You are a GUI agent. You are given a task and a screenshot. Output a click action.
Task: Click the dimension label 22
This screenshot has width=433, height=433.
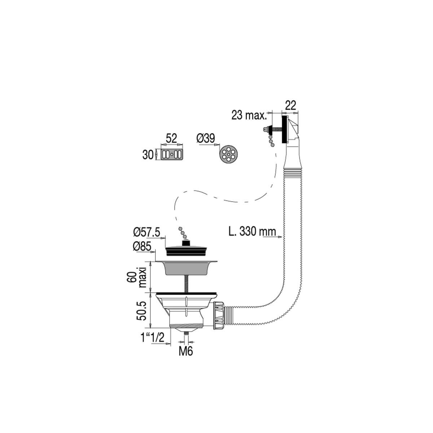click(290, 105)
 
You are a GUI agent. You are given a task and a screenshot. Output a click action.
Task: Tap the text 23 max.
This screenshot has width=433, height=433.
click(249, 115)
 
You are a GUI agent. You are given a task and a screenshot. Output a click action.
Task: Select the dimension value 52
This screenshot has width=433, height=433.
click(171, 139)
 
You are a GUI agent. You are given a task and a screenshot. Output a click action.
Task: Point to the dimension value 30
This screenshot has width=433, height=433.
click(148, 155)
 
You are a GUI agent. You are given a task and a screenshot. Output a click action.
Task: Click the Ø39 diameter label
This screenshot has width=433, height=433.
click(206, 138)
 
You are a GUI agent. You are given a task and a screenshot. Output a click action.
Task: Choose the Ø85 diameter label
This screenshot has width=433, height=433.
click(142, 247)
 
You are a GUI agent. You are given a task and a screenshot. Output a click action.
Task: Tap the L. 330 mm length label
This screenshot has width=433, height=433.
click(252, 231)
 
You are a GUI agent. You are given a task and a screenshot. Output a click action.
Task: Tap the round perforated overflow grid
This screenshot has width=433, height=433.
click(228, 154)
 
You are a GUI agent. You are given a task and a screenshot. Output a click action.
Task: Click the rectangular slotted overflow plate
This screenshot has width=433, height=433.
click(172, 154)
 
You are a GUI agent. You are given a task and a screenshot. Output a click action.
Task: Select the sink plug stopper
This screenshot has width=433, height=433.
click(185, 248)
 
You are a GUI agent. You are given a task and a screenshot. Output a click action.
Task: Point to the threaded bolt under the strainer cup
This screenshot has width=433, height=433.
click(186, 284)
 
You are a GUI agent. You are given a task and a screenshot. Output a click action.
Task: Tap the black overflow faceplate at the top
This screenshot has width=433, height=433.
click(284, 129)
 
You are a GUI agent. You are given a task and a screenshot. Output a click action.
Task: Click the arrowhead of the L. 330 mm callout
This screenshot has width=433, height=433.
click(280, 237)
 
